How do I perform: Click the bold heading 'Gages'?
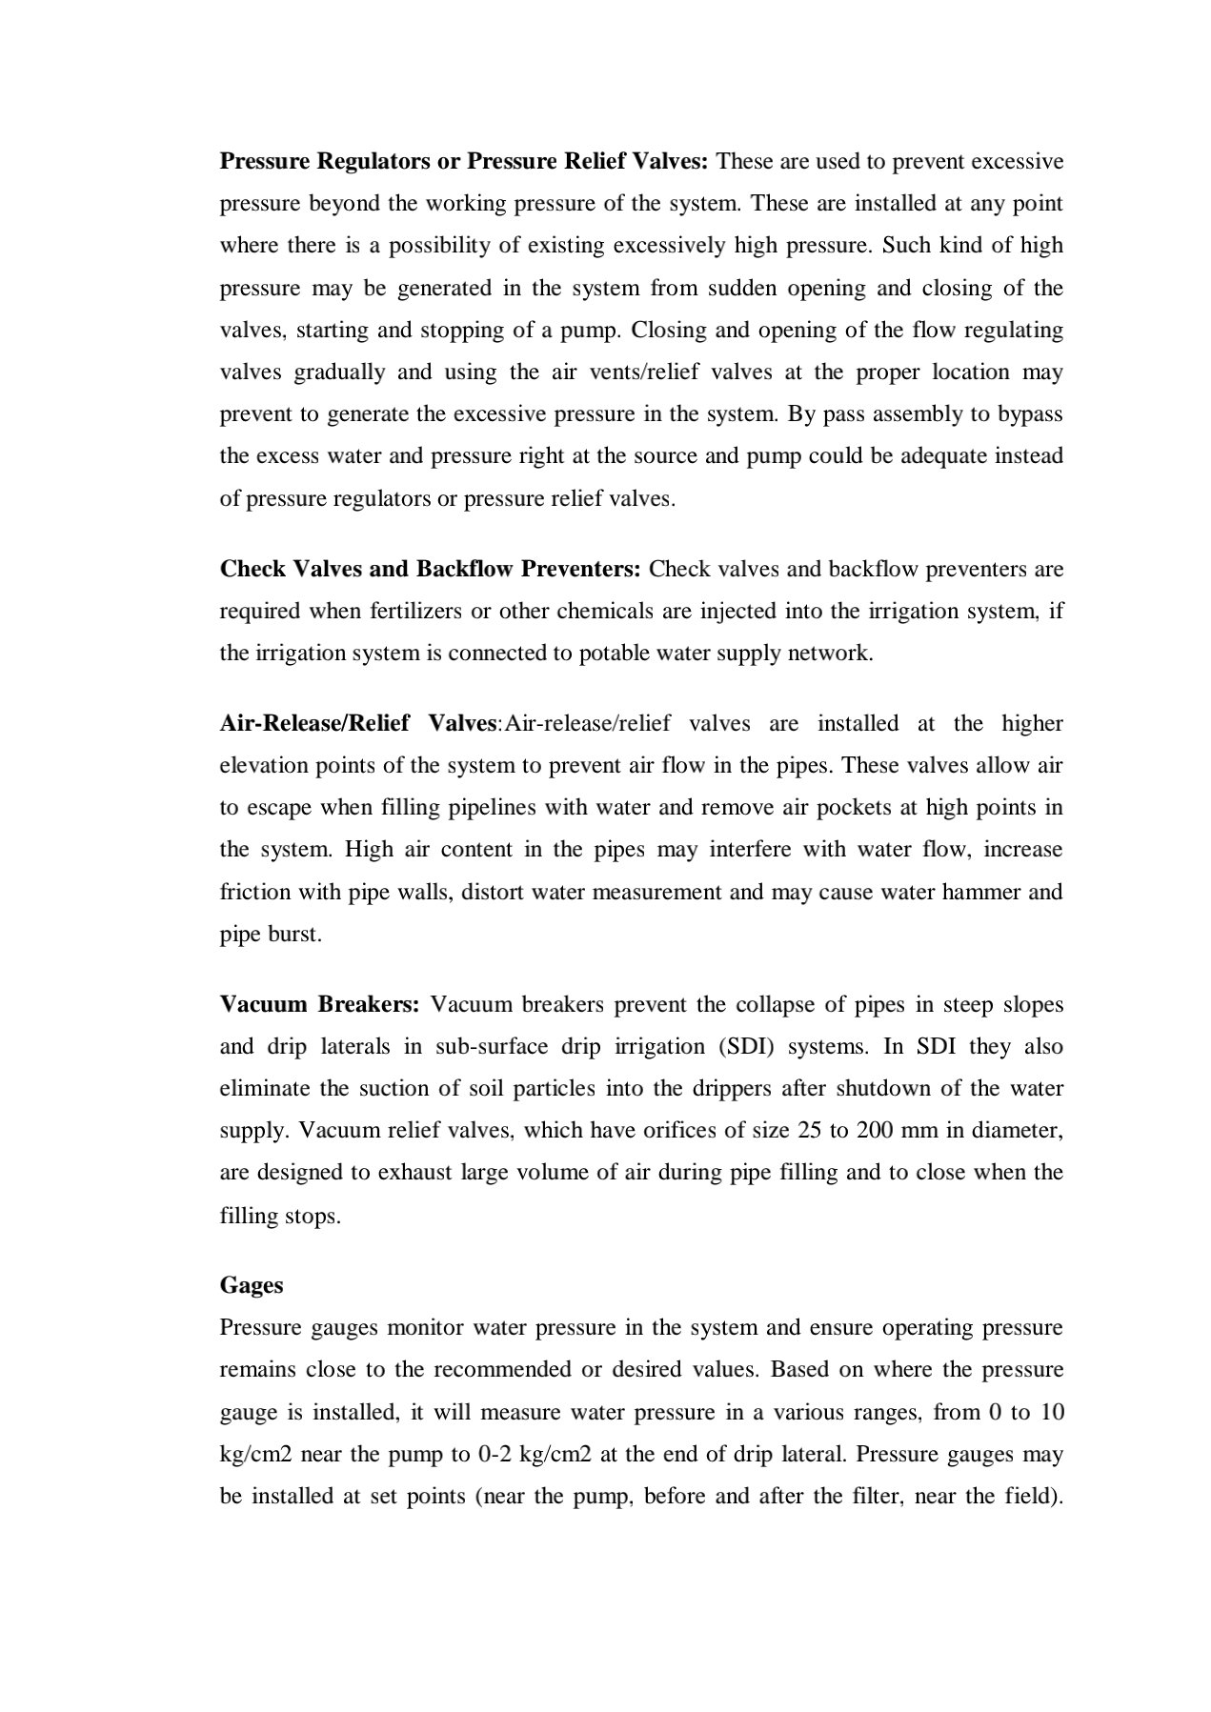pos(252,1285)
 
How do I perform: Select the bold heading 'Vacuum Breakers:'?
pos(319,1004)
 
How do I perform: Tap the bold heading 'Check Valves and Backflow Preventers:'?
pos(430,569)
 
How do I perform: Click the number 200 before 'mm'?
pos(874,1130)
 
